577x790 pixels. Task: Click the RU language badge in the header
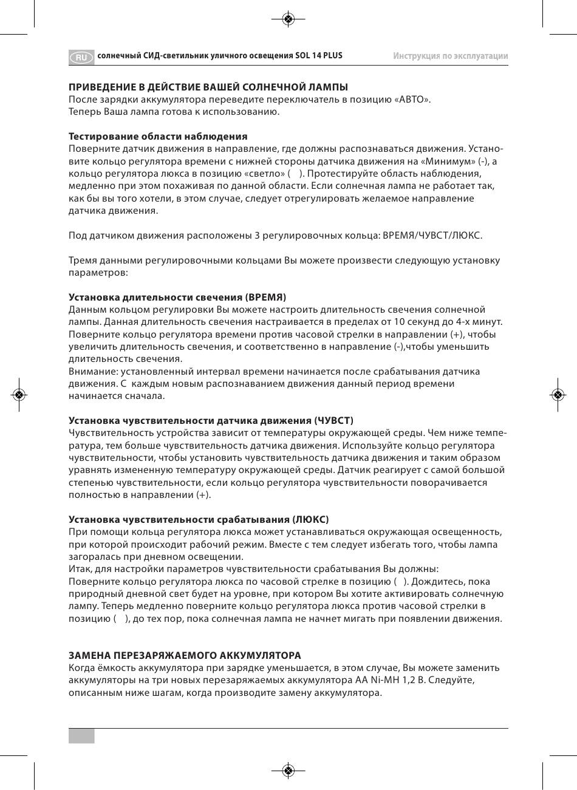(x=81, y=57)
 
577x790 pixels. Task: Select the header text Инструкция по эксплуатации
(x=450, y=56)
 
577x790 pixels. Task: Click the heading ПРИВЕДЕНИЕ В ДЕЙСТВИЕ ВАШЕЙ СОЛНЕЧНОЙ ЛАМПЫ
(x=208, y=87)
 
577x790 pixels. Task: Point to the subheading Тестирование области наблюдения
(x=158, y=136)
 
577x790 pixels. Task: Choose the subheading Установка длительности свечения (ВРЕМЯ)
(x=177, y=297)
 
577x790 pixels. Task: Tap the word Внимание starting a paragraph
(x=93, y=371)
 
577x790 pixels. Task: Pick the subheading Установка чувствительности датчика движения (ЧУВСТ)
(x=211, y=420)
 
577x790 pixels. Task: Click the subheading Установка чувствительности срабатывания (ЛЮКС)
(x=199, y=519)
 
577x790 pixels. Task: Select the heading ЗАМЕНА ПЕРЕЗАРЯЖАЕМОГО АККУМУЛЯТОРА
(x=185, y=656)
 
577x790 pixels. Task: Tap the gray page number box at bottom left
(x=81, y=736)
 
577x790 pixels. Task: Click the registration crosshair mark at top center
(x=288, y=19)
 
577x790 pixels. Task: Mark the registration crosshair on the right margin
(x=558, y=395)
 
